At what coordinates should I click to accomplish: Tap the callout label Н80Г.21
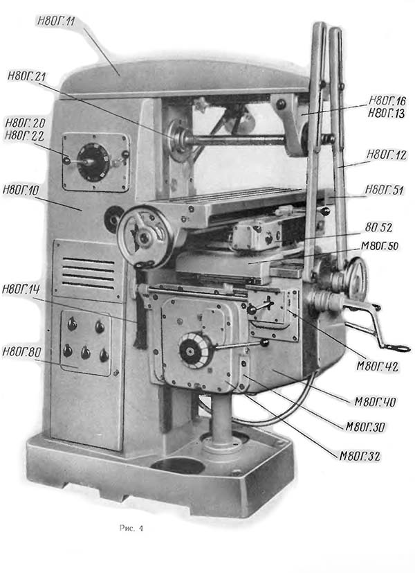[27, 76]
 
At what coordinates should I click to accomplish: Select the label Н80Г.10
[24, 188]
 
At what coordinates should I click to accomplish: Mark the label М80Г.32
[360, 455]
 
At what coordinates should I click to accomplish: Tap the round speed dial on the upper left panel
[91, 162]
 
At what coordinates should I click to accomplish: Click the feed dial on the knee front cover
[194, 349]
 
